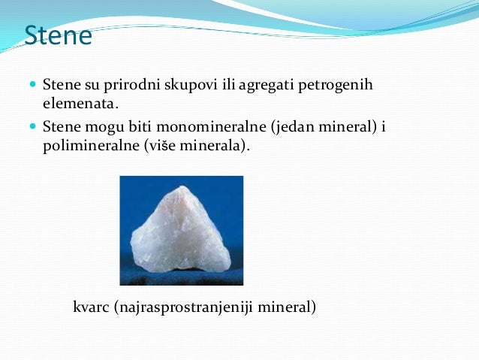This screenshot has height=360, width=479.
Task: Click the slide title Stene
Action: [x=59, y=35]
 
